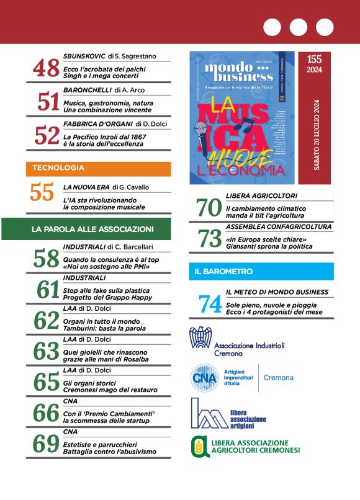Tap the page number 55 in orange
(42, 193)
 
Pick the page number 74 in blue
(210, 304)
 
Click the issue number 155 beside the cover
(314, 60)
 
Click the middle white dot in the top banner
(298, 27)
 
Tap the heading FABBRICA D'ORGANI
(89, 123)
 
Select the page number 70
(210, 208)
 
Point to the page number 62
(47, 321)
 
